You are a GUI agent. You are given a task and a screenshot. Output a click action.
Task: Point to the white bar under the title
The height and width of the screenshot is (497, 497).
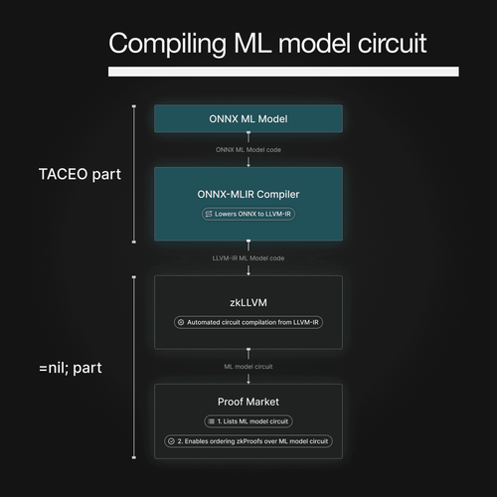tap(282, 72)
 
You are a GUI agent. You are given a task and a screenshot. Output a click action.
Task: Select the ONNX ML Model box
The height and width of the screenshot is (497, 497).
tap(248, 118)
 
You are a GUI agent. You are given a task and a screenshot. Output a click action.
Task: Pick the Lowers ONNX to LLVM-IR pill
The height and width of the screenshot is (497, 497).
tap(248, 214)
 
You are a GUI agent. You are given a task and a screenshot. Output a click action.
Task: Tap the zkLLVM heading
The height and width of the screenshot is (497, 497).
tap(248, 301)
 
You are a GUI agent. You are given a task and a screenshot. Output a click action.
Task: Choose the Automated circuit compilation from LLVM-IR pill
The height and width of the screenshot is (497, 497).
tap(248, 322)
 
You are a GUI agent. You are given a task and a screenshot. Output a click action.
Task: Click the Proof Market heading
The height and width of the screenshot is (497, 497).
tap(248, 404)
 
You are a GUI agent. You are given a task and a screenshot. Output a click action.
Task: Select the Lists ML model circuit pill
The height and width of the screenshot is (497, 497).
tap(248, 421)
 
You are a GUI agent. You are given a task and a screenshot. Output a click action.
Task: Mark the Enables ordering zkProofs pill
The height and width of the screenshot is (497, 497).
tap(248, 440)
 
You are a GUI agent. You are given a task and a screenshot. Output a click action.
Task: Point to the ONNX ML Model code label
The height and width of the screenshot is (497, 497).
tap(248, 150)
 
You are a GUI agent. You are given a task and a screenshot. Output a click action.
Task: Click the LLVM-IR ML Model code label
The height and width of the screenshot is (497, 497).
tap(248, 258)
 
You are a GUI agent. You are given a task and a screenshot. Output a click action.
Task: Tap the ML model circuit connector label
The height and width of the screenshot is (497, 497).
tap(248, 366)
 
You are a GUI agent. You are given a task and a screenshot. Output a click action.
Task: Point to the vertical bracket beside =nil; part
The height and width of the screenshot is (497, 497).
tap(133, 368)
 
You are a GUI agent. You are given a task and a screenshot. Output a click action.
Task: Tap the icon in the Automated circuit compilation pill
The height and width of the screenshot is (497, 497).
tap(180, 322)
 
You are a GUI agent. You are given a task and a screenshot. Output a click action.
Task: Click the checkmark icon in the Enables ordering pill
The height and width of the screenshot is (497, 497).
tap(170, 440)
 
